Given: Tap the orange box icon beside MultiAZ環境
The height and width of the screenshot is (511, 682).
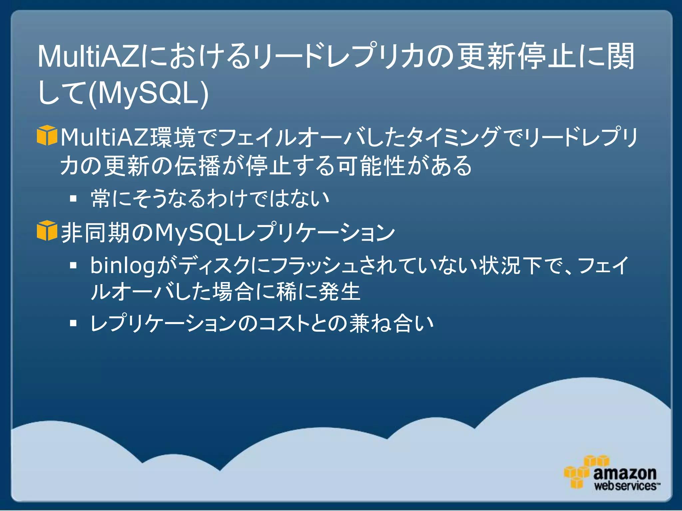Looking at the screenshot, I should tap(47, 135).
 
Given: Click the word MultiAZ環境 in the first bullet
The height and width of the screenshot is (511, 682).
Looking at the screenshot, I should tap(128, 137).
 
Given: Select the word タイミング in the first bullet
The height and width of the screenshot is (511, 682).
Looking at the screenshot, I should tap(453, 137).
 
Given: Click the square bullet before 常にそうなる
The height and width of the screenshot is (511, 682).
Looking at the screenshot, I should tap(73, 199).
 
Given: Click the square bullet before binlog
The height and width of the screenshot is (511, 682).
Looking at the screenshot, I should tap(73, 265).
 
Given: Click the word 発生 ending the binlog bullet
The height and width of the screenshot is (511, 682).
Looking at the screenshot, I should tap(339, 292).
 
